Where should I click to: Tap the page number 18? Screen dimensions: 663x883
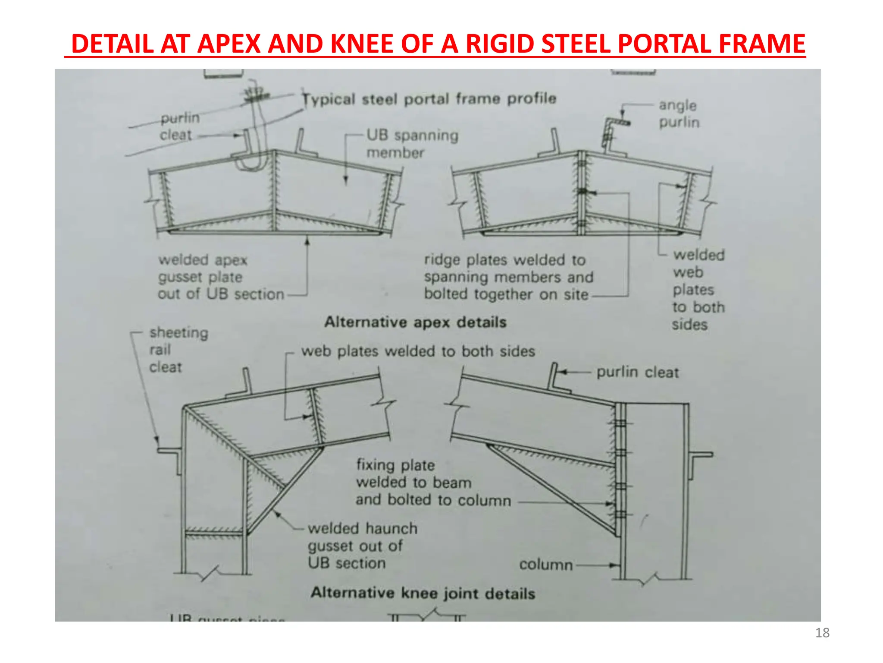(822, 633)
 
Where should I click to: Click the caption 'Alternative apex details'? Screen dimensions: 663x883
(415, 322)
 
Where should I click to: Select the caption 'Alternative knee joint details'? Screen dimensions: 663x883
(423, 593)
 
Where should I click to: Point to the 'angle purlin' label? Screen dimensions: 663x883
(679, 114)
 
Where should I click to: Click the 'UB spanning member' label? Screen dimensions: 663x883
(412, 144)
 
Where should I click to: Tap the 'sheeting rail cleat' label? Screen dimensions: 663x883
(178, 350)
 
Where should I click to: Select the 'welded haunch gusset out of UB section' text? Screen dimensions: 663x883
(362, 546)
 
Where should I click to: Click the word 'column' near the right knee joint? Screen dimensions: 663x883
(546, 565)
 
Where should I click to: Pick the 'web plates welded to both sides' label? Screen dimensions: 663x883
(418, 351)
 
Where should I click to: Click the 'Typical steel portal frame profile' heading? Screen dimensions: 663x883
(429, 99)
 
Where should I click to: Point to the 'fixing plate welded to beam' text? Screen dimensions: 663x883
(433, 482)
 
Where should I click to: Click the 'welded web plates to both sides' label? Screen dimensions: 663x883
(698, 290)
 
